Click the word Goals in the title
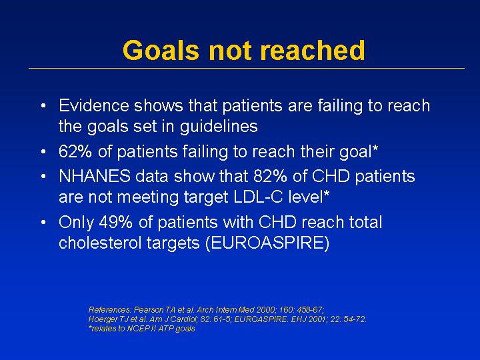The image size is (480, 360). tap(161, 50)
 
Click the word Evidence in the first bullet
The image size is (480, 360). tap(94, 105)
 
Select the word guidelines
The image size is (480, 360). tap(219, 127)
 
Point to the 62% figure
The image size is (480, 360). tap(75, 151)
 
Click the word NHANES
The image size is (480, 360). tap(95, 176)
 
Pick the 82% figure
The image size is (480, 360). tap(270, 176)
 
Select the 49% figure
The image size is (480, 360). tap(115, 222)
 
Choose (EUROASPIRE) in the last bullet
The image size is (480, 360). tap(267, 243)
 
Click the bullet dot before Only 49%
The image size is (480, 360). tap(43, 222)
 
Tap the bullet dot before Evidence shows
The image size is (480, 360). tap(43, 106)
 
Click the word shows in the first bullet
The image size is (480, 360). tap(159, 105)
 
